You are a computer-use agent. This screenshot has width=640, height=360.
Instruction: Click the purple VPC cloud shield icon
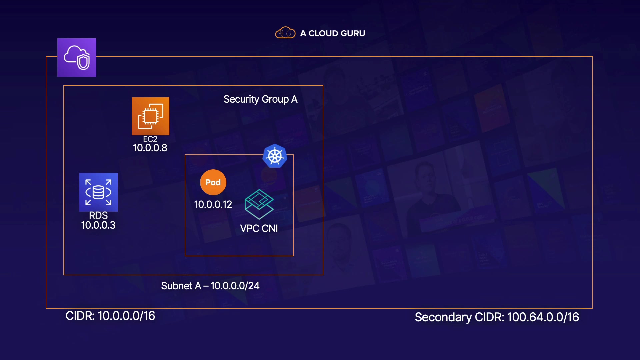point(77,58)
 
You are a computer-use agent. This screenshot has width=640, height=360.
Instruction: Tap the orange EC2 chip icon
point(150,116)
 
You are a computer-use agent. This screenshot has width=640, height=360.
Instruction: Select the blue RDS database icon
point(98,192)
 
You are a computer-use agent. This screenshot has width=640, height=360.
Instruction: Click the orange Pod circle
point(213,182)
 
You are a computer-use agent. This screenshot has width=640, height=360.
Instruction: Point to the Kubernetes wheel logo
point(275,156)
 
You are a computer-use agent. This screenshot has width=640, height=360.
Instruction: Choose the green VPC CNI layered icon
point(259,204)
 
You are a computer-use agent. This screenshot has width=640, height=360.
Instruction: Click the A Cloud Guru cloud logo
point(285,33)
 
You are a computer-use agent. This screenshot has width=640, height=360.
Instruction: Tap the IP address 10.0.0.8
point(150,148)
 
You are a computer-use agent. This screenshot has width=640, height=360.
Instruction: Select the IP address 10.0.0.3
point(98,225)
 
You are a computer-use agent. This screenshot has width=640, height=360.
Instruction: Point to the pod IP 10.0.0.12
point(213,204)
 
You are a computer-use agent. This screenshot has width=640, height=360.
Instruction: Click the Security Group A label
point(260,99)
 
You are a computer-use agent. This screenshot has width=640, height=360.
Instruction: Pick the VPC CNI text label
point(259,228)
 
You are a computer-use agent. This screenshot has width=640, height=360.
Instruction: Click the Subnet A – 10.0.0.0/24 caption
point(210,286)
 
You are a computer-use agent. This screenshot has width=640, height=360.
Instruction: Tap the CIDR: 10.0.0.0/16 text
point(110,316)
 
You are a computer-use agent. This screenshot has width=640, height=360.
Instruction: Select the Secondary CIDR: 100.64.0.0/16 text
point(497,317)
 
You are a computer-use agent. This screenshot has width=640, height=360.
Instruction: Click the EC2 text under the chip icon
point(150,139)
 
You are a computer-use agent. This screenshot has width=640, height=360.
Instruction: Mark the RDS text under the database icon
point(98,215)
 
